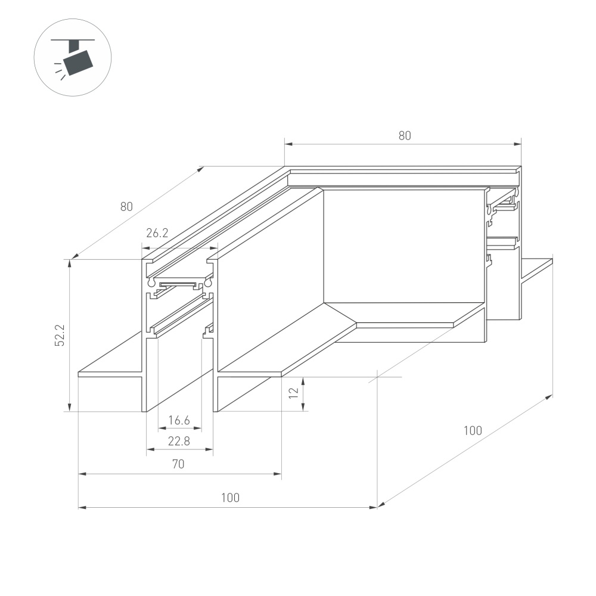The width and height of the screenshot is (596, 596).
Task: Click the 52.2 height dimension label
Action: coord(60,335)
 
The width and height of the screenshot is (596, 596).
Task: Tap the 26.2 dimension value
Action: coord(157,232)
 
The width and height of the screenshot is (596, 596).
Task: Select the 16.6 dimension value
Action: coord(179,420)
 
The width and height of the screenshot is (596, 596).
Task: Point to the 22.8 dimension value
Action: coord(179,441)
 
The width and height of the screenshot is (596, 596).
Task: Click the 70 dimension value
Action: coord(178,464)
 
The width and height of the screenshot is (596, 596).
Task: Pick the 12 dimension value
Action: coord(294,392)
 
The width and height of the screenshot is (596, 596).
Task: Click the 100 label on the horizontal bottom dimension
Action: coord(230,498)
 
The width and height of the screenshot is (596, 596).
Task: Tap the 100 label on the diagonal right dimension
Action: coord(473,431)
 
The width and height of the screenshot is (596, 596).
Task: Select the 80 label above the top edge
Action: coord(405,136)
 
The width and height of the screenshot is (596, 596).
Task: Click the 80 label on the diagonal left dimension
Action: coord(126,206)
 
